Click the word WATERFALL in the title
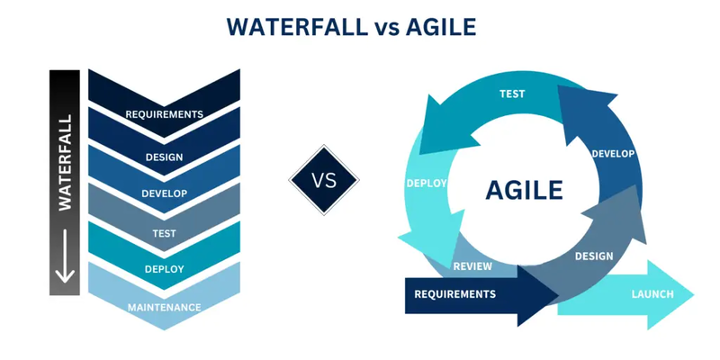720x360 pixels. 297,27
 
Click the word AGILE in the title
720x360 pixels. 441,27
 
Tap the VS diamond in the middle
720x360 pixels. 324,180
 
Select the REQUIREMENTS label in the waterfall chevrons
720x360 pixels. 165,114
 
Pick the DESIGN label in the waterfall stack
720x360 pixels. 165,157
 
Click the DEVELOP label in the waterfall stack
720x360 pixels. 165,193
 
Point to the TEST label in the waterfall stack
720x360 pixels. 165,233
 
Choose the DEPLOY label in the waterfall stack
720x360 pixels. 165,269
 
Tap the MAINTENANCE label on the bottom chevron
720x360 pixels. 165,307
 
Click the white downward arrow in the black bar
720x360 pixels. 65,256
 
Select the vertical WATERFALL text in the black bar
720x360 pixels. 65,163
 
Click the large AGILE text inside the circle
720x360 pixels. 525,190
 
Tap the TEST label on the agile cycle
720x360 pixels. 512,94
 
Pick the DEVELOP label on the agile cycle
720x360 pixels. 613,154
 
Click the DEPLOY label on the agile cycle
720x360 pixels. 427,184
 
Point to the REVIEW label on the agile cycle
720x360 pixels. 473,266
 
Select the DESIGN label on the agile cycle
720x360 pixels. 594,256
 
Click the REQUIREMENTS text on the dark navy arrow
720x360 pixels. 455,294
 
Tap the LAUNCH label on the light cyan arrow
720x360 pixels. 652,294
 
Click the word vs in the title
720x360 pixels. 387,30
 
